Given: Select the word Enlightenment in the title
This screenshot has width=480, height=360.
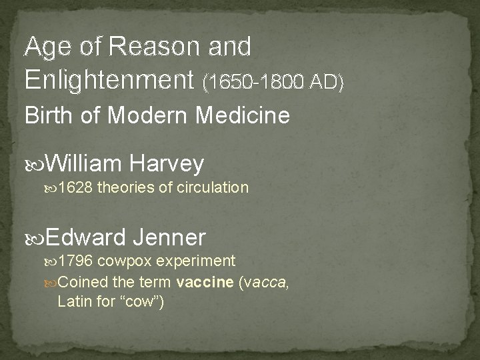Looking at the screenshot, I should pos(110,79).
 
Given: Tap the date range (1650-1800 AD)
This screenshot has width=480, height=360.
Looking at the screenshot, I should pos(275,82).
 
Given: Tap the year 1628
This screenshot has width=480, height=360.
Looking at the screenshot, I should pos(75,188).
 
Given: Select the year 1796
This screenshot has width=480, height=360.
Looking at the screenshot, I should pos(75,260).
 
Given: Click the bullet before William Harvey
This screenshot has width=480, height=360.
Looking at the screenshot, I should pos(39,163).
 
